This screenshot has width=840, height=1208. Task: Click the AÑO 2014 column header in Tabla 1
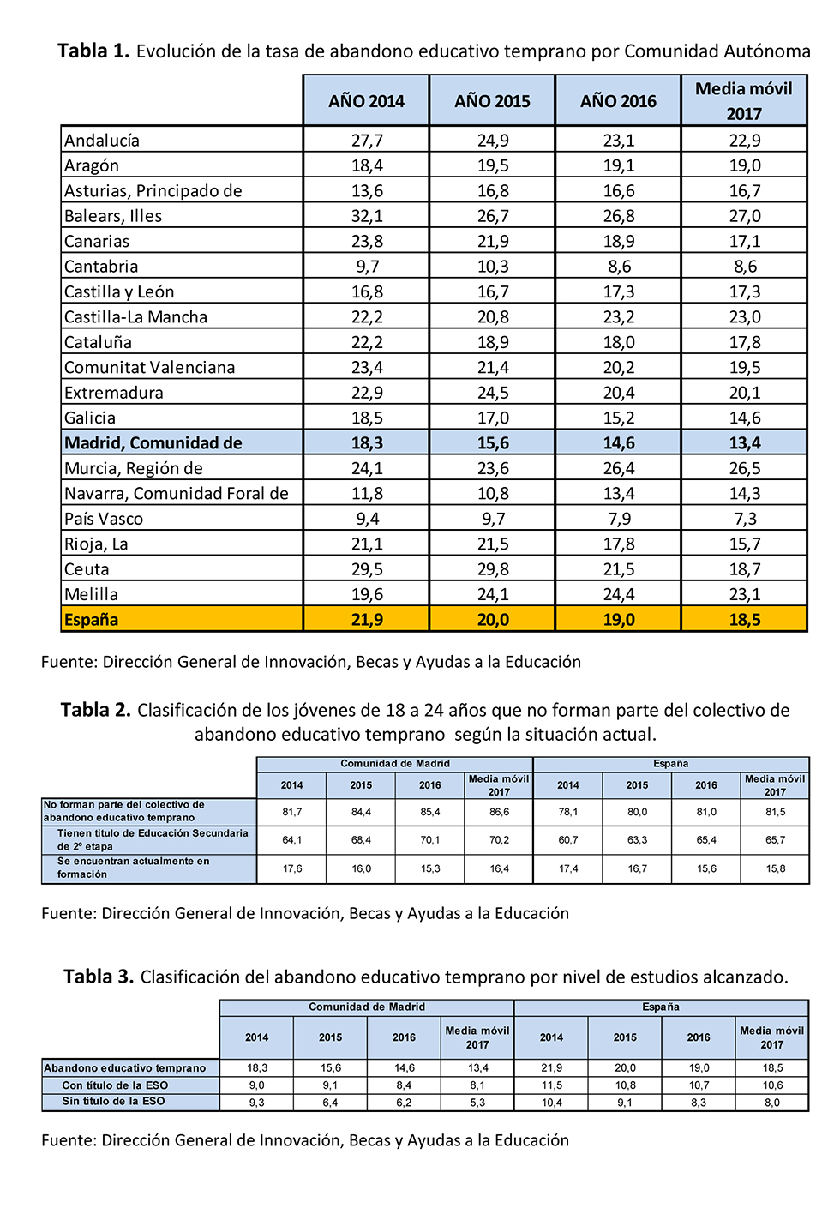[366, 101]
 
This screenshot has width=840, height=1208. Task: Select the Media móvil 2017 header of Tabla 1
[744, 101]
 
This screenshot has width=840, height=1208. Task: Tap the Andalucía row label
[102, 141]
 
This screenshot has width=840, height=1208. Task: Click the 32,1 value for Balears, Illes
[367, 216]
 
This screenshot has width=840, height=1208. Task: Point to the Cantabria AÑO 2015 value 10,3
[493, 267]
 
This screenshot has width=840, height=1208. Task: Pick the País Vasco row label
[104, 519]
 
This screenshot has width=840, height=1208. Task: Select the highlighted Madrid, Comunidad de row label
[153, 443]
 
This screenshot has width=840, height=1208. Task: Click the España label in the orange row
[92, 620]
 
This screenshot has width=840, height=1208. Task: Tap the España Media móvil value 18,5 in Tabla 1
[744, 620]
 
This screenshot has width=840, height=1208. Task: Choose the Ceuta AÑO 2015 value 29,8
[493, 569]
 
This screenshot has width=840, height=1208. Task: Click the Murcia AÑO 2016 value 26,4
[619, 468]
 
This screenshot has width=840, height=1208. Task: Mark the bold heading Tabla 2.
[95, 710]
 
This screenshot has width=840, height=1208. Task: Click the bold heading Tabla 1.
[93, 51]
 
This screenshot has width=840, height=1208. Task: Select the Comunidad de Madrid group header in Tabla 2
[395, 764]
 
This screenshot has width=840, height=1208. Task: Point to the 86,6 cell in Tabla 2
[499, 812]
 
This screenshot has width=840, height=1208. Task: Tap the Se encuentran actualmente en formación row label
[133, 868]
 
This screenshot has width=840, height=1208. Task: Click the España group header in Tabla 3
[661, 1007]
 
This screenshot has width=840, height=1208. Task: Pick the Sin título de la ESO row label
[113, 1102]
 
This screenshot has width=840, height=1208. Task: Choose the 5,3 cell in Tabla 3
[477, 1103]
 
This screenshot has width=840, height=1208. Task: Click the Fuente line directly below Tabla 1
[311, 662]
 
